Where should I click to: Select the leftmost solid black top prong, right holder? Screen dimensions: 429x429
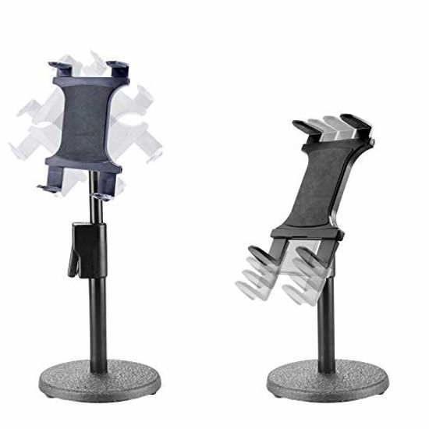300,126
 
